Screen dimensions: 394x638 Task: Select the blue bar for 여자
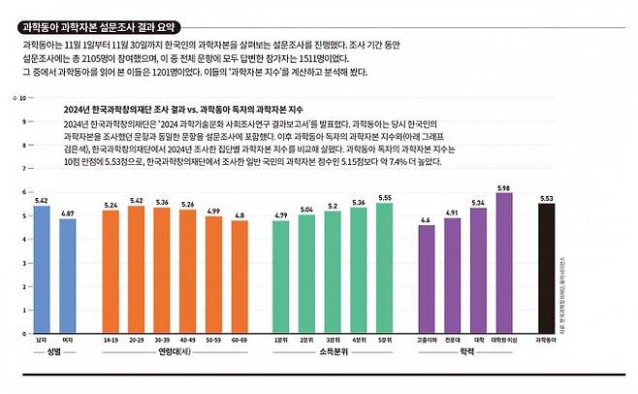pyautogui.click(x=68, y=276)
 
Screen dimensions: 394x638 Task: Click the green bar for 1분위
pyautogui.click(x=280, y=277)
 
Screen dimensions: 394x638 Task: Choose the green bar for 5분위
pyautogui.click(x=385, y=267)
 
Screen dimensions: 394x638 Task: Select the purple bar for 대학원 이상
pyautogui.click(x=503, y=262)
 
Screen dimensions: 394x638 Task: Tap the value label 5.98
pyautogui.click(x=503, y=187)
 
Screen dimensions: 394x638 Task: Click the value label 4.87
pyautogui.click(x=68, y=213)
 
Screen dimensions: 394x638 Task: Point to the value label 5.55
pyautogui.click(x=385, y=197)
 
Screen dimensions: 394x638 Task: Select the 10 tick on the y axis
pyautogui.click(x=21, y=98)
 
